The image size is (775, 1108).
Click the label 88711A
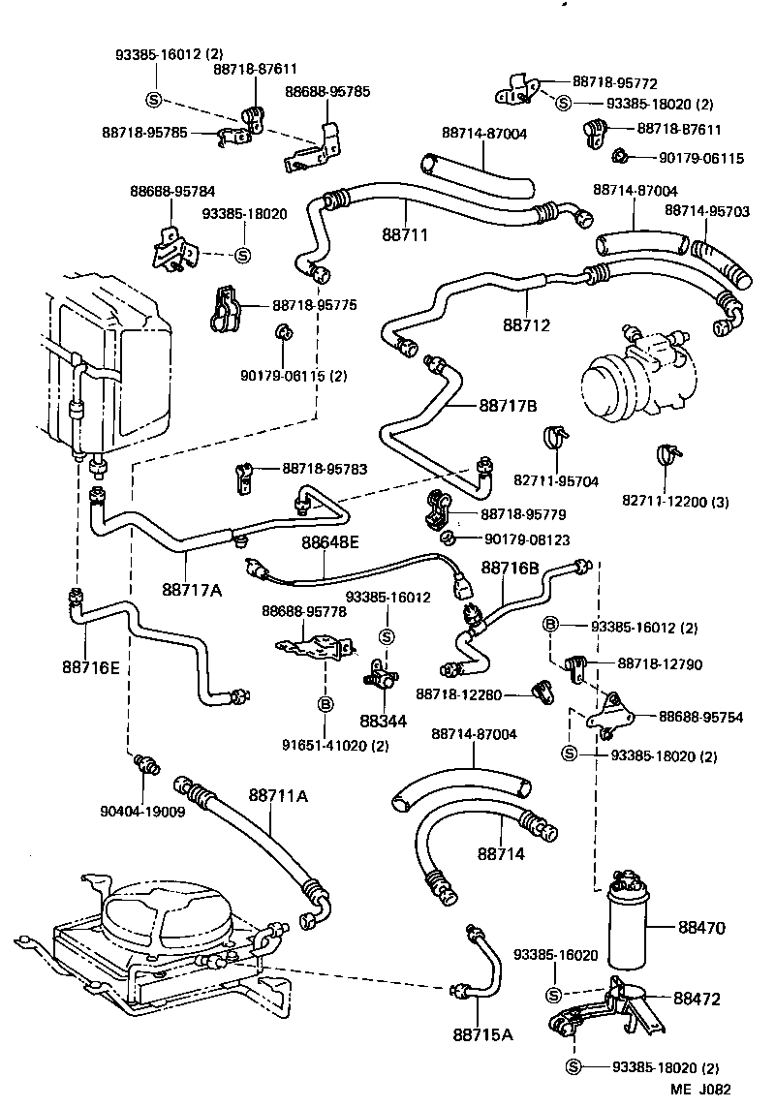278,796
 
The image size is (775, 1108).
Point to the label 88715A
482,1034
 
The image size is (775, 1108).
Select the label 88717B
508,406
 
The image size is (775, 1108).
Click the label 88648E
329,543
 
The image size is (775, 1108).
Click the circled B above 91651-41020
325,703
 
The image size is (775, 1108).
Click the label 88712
526,325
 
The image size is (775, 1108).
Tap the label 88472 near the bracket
697,999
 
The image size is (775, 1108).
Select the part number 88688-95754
701,717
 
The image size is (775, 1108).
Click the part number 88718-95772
614,83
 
